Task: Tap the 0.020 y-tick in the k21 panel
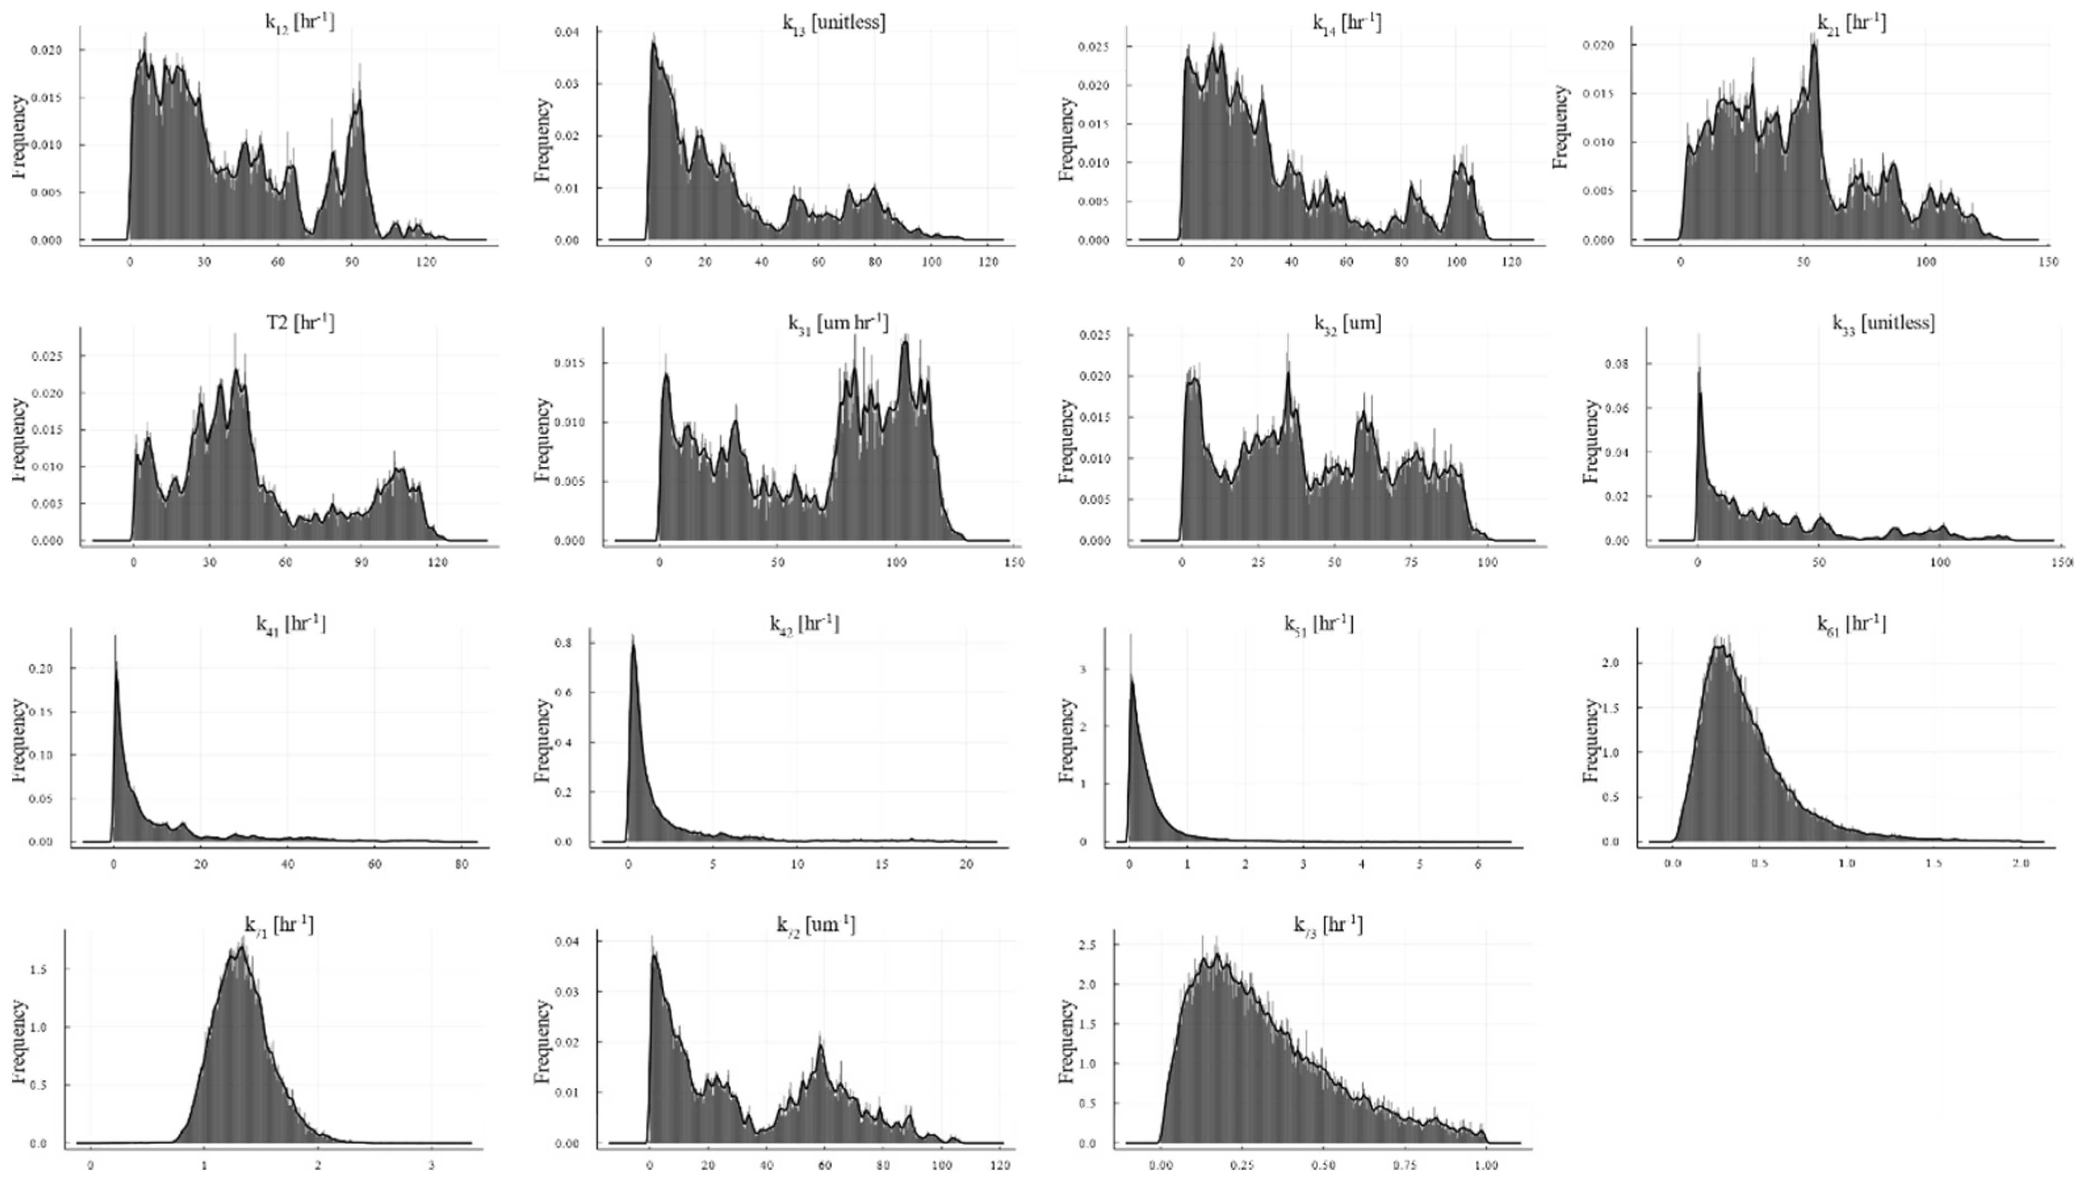click(1598, 45)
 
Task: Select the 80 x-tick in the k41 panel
click(461, 865)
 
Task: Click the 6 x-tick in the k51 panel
click(1478, 865)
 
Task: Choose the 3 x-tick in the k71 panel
click(432, 1166)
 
